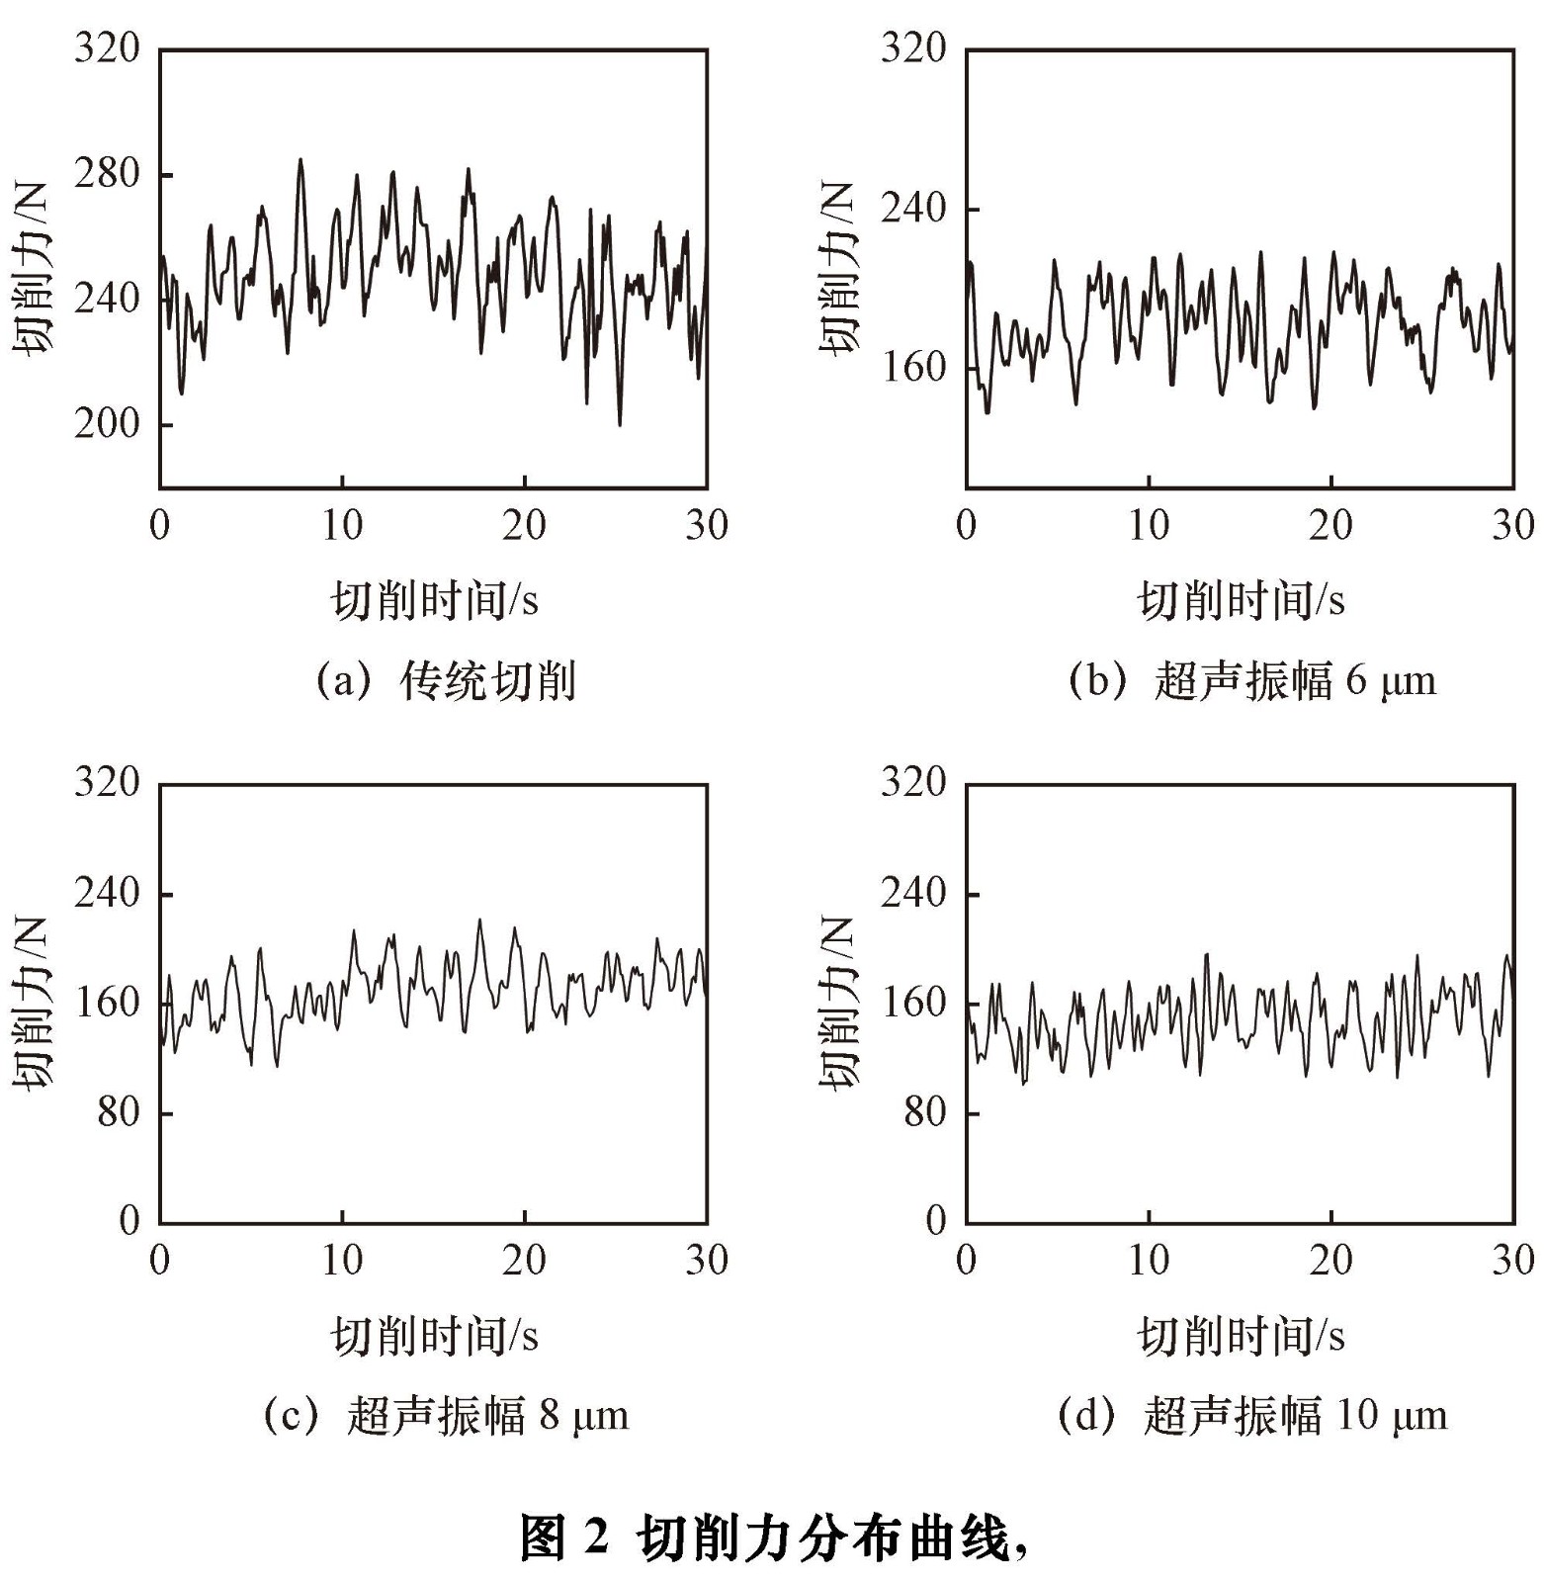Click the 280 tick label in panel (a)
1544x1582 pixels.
click(107, 174)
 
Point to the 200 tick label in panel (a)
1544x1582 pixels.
click(107, 424)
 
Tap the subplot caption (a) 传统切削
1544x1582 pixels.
click(446, 681)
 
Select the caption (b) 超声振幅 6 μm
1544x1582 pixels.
click(1251, 681)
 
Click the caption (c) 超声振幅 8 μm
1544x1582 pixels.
click(446, 1416)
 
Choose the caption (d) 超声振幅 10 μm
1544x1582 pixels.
click(1251, 1416)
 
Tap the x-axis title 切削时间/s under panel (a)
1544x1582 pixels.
click(434, 600)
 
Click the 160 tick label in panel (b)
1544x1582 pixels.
click(913, 368)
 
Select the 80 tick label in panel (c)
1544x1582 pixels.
click(119, 1112)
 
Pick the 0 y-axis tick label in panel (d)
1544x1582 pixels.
click(936, 1221)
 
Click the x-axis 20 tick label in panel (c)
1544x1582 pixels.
click(524, 1261)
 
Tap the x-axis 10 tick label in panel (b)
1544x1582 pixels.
click(1149, 526)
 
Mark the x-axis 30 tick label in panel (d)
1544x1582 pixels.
click(1513, 1261)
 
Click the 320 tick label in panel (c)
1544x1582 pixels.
click(107, 782)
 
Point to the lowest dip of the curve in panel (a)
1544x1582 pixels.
click(620, 424)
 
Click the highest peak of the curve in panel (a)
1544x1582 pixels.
click(300, 159)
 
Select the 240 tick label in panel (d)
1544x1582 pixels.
click(913, 893)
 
